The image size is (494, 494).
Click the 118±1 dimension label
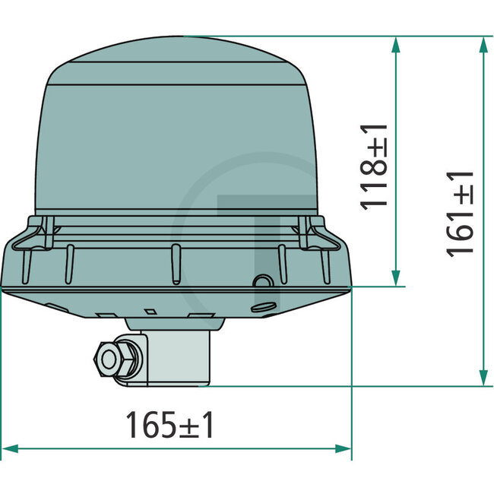coord(375,166)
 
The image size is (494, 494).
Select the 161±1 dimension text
coord(461,213)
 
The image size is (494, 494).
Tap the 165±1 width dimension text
coord(169,426)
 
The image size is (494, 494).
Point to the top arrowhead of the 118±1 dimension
coord(394,44)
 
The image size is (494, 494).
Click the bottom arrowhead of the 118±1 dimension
coord(394,278)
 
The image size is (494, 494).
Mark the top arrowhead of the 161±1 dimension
coord(483,44)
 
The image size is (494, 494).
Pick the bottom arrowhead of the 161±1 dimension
coord(483,378)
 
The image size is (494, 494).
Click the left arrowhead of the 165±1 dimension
coord(11,448)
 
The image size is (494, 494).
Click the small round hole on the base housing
coord(261,283)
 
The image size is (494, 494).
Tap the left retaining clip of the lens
coord(39,231)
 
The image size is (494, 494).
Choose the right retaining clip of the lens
coord(314,231)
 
